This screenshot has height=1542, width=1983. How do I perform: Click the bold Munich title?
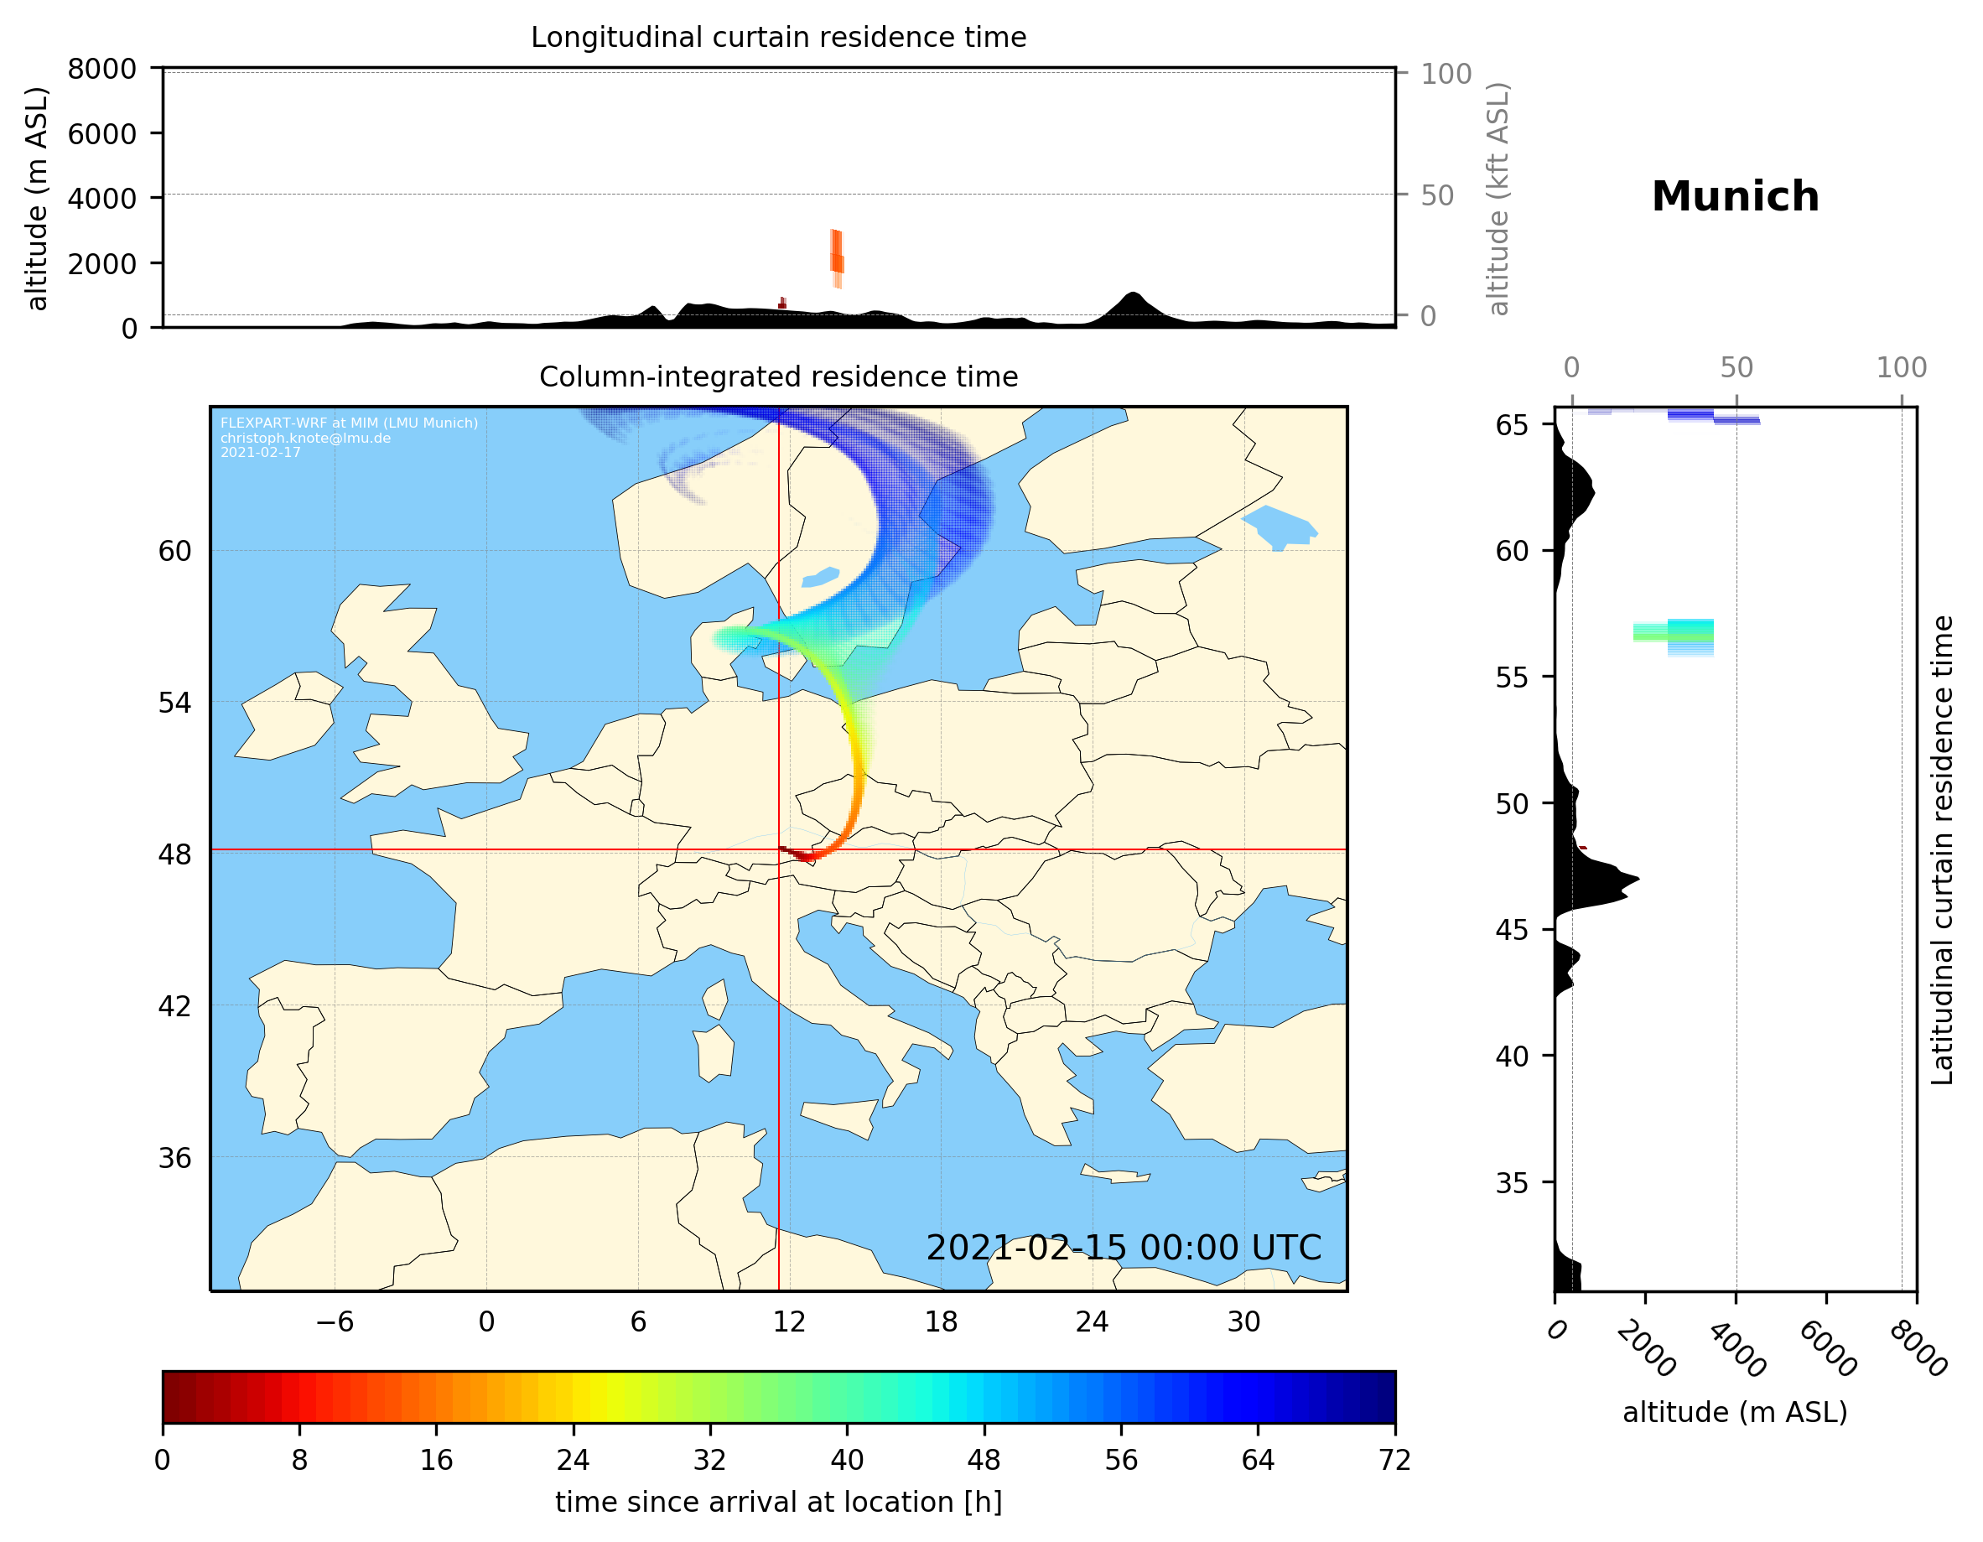1734,197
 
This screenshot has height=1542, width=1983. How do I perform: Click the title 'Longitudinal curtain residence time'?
778,37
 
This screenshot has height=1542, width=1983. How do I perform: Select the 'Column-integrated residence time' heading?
778,376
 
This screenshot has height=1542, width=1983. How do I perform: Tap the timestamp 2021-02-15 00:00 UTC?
1124,1248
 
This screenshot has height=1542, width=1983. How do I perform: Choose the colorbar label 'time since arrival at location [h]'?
778,1502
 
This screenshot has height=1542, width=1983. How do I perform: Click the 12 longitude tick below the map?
789,1321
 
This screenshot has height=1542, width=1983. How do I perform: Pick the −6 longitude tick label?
334,1321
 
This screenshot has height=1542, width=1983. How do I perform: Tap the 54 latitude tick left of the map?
174,702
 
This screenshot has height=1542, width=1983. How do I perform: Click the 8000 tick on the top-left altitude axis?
101,69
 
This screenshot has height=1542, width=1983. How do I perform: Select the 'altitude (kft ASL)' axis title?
1498,199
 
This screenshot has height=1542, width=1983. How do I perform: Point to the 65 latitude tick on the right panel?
1512,425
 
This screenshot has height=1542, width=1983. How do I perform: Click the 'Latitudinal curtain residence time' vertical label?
1941,849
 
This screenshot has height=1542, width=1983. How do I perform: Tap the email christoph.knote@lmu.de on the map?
305,438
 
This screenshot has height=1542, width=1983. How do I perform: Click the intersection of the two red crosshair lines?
779,850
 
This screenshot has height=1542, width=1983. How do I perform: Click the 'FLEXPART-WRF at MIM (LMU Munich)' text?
349,423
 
